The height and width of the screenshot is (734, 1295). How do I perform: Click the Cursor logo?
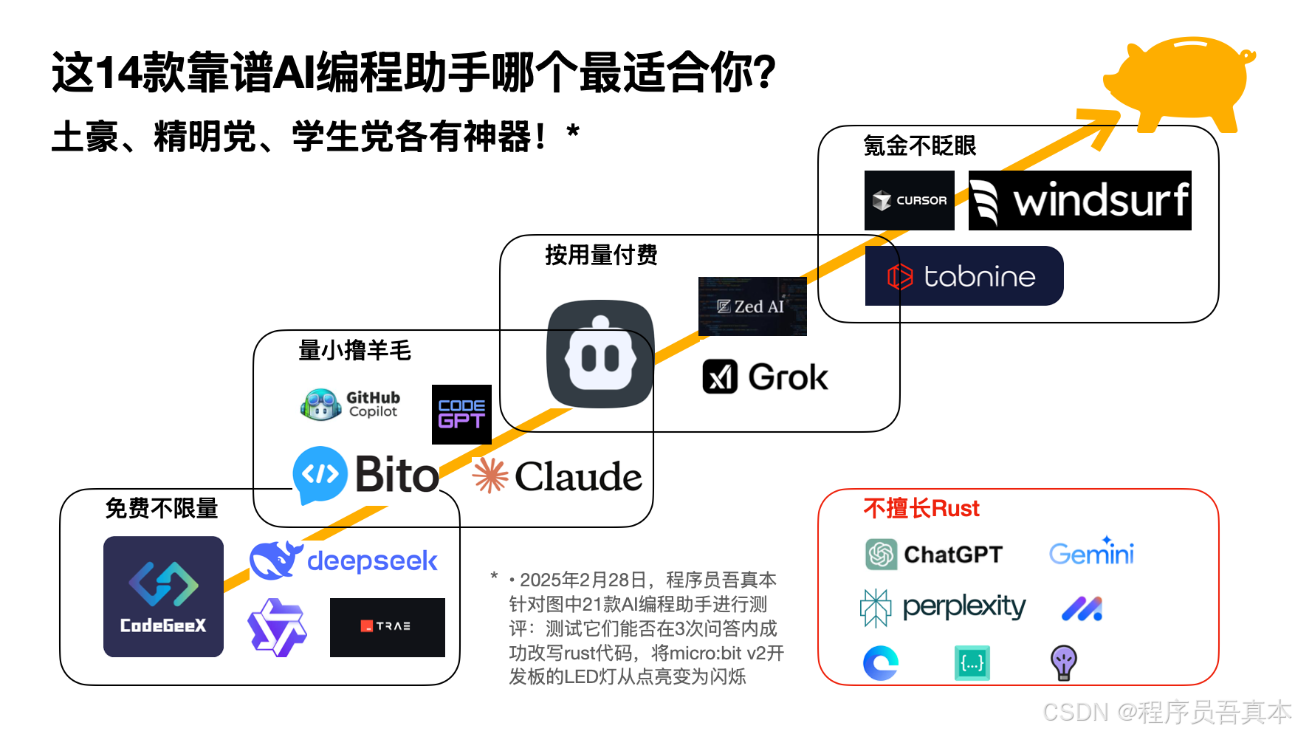(909, 200)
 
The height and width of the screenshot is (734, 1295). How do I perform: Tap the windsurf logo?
(1079, 200)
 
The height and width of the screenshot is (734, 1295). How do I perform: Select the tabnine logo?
(963, 276)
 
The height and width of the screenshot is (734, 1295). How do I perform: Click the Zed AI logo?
(752, 306)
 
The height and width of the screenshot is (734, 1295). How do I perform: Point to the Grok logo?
(765, 377)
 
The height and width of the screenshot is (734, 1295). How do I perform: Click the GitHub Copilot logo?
(351, 405)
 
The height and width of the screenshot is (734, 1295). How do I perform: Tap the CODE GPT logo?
(461, 414)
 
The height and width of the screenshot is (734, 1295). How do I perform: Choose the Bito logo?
(366, 475)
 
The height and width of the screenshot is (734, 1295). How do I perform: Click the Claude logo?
(557, 476)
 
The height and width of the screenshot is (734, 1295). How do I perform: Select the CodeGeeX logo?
(163, 597)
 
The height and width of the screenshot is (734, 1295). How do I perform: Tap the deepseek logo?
(344, 561)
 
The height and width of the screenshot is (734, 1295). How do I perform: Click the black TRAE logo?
(387, 627)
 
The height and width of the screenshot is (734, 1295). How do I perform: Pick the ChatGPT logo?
(934, 555)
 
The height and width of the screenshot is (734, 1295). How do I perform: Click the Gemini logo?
(1091, 552)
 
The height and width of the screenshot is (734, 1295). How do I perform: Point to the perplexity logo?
(943, 608)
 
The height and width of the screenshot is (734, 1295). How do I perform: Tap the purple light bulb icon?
(1063, 662)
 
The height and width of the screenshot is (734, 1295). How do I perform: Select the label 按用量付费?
(601, 255)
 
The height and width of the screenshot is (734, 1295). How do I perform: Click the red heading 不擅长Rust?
(921, 508)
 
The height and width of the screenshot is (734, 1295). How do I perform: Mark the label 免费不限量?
(162, 508)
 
